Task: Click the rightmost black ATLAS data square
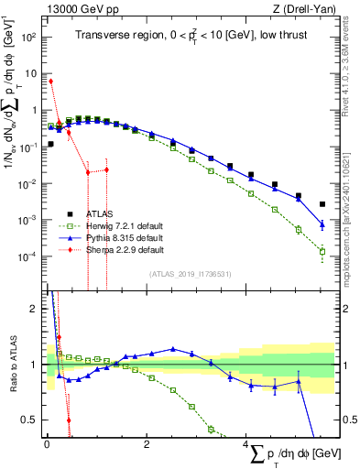click(x=322, y=204)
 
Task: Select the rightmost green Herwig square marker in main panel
click(x=322, y=251)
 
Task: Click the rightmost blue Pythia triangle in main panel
click(x=322, y=224)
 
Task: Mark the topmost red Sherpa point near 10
click(x=51, y=81)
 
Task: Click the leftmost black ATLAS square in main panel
click(x=51, y=144)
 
